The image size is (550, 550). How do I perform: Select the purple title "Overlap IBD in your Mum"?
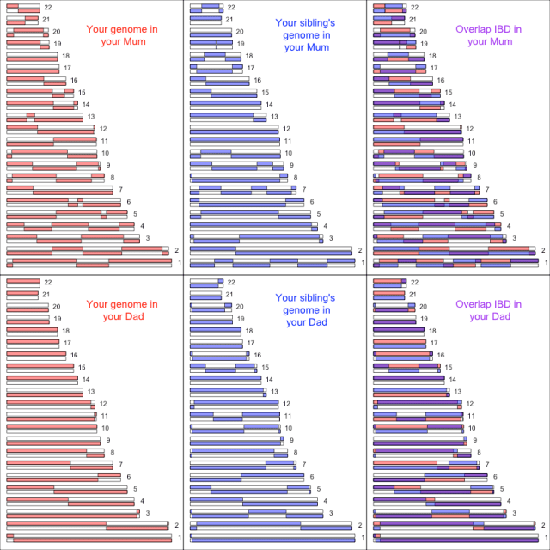[x=489, y=35]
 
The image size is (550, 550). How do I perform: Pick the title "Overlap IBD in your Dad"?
[x=489, y=309]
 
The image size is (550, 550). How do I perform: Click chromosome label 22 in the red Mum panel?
[x=48, y=7]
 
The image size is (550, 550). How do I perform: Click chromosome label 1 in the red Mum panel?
[x=180, y=262]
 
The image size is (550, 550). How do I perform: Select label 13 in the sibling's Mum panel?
[x=274, y=117]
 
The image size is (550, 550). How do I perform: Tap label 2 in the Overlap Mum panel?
[x=543, y=250]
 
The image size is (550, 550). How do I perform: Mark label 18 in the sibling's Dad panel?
[x=248, y=331]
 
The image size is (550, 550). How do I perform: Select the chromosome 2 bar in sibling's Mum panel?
[x=271, y=250]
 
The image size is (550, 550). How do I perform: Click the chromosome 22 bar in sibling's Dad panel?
[x=206, y=282]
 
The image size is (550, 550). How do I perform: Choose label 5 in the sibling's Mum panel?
[x=318, y=214]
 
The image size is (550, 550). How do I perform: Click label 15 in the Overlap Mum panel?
[x=448, y=92]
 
